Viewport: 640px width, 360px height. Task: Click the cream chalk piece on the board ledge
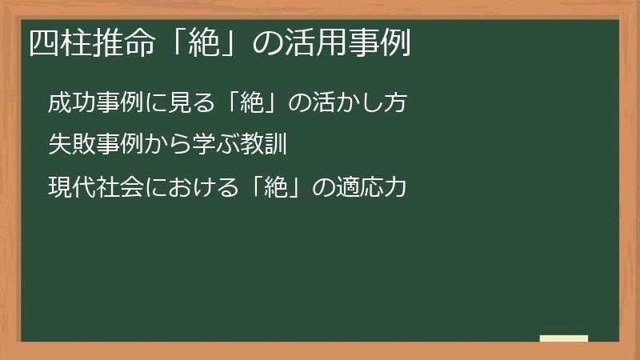pyautogui.click(x=563, y=338)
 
